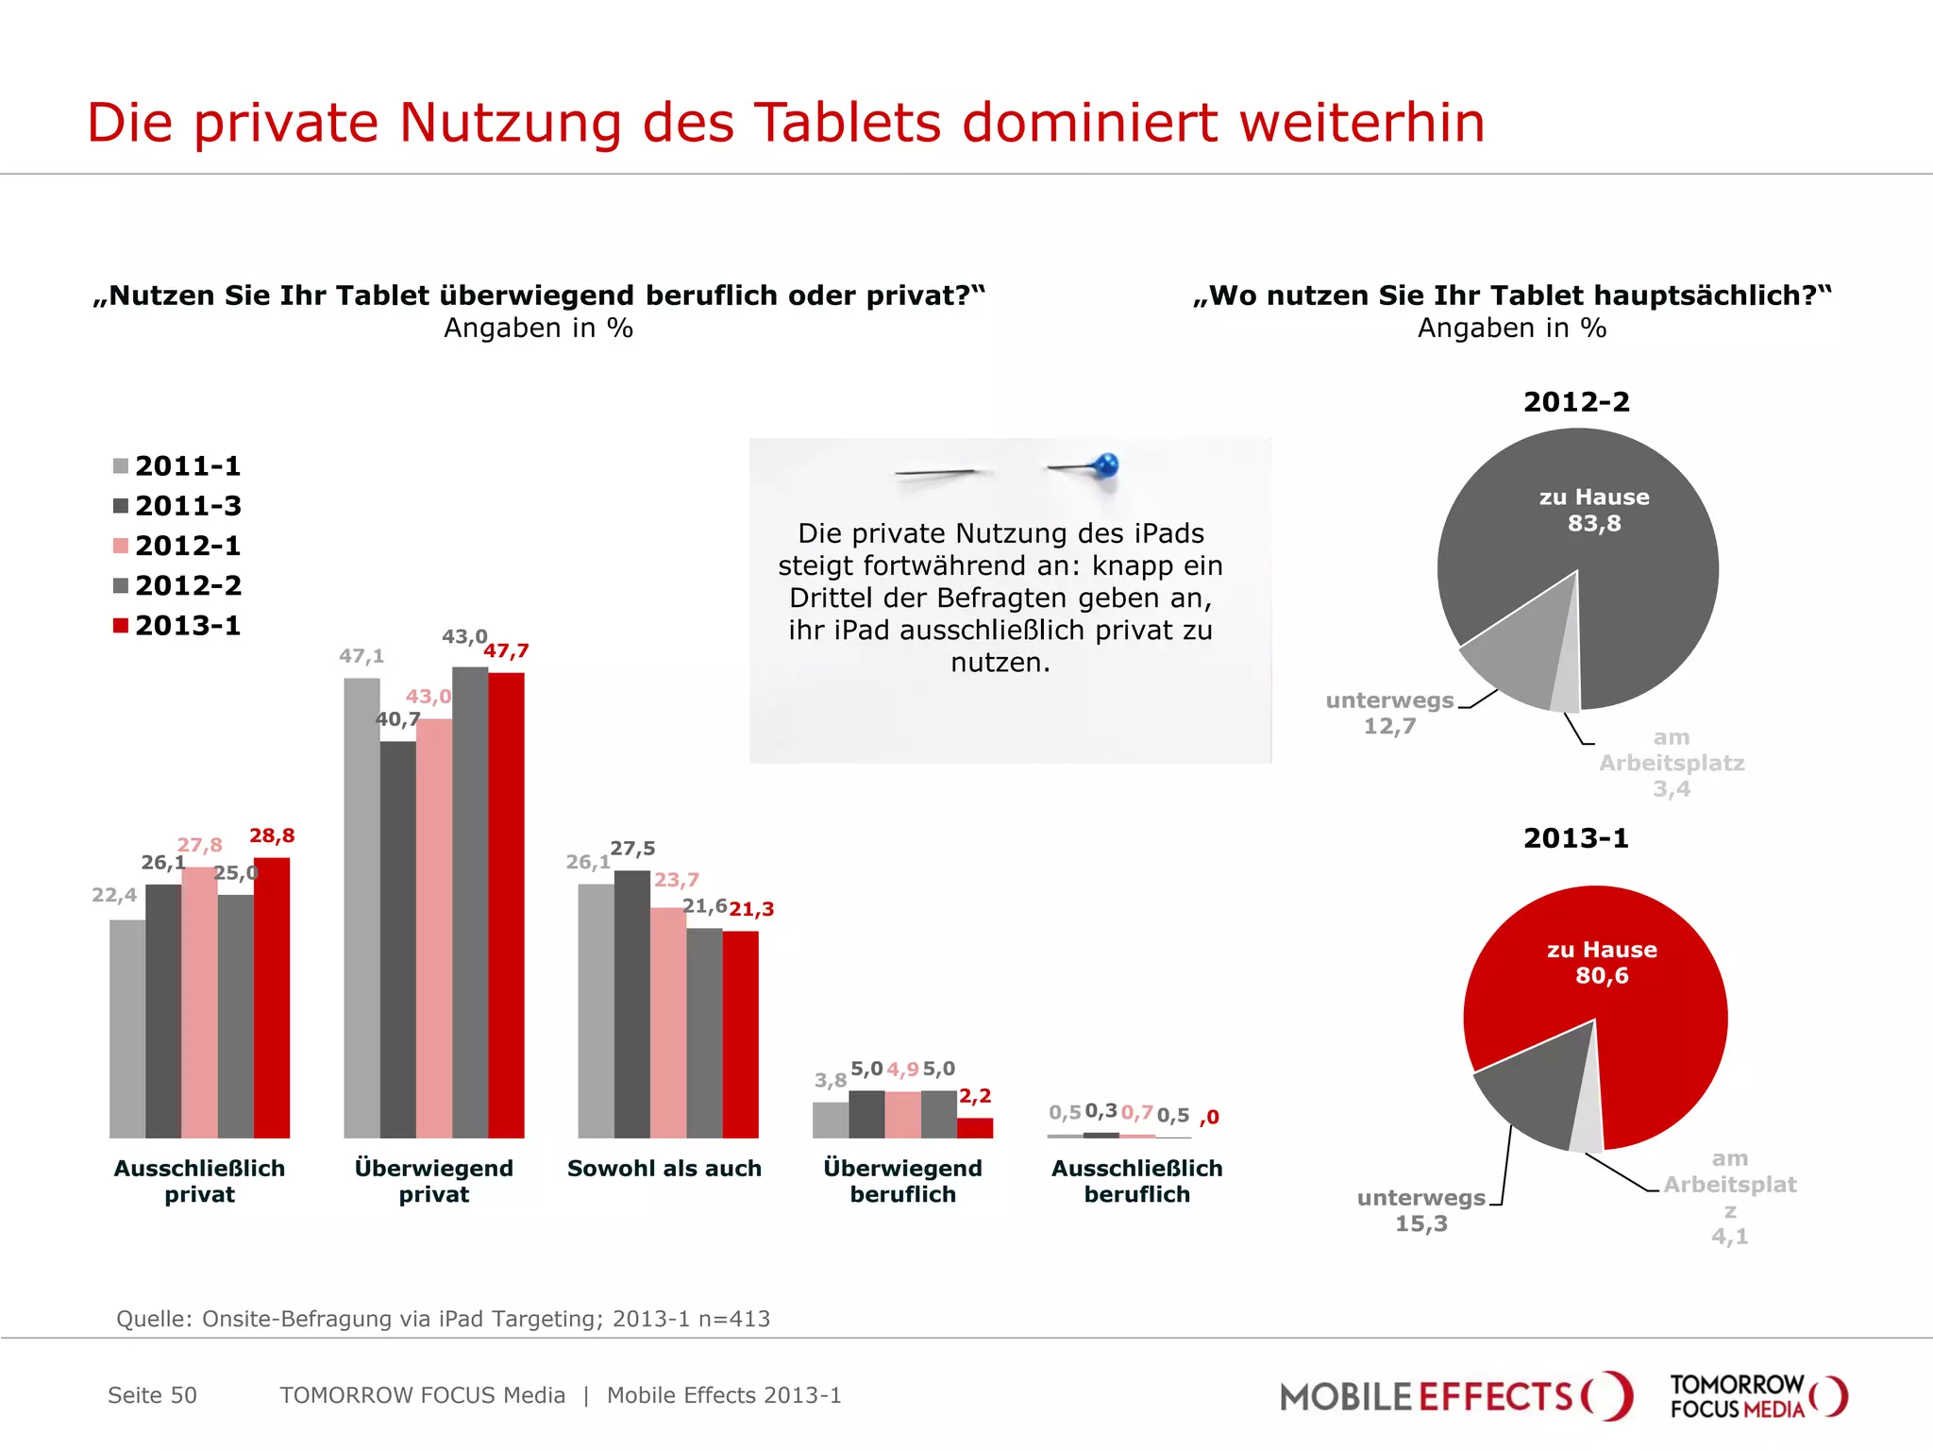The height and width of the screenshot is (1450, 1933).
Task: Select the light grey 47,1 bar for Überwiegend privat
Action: [x=361, y=906]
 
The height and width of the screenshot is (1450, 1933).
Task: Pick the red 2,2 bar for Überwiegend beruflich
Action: [x=975, y=1127]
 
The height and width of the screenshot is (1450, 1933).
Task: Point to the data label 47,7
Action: [x=507, y=650]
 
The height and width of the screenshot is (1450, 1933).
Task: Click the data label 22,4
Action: [x=114, y=894]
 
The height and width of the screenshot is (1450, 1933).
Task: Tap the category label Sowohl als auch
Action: [x=664, y=1168]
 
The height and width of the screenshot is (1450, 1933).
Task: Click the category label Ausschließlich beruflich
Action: [x=1136, y=1181]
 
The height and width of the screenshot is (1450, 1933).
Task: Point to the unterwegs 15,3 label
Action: [x=1421, y=1210]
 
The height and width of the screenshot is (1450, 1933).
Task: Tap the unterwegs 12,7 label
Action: [x=1389, y=713]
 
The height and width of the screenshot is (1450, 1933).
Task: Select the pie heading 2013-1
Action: [x=1576, y=837]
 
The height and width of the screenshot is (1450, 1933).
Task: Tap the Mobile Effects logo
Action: [x=1454, y=1395]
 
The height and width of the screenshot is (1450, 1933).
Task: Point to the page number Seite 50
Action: [x=152, y=1395]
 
